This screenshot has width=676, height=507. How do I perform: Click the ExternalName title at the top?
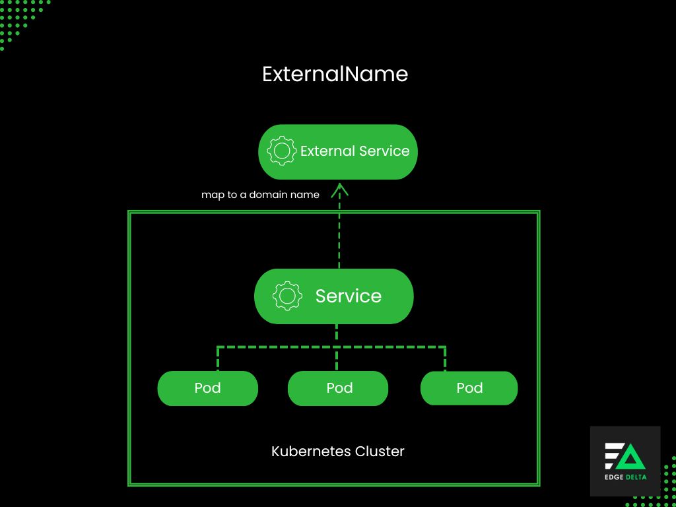pos(335,74)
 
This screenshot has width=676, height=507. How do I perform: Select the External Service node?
pos(337,152)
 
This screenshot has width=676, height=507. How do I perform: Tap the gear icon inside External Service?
pos(282,151)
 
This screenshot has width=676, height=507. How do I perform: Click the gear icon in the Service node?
pos(287,296)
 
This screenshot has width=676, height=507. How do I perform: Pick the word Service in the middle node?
pos(348,296)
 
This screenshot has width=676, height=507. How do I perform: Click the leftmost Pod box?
pos(207,388)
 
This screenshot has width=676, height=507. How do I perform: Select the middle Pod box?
pos(338,388)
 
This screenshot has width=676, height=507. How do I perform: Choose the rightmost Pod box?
pos(469,388)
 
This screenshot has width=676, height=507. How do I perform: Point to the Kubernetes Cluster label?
pos(337,452)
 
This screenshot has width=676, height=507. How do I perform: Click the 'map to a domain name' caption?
pos(260,195)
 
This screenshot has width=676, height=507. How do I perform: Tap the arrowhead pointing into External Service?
pos(339,189)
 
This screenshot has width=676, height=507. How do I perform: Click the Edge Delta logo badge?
pos(625,461)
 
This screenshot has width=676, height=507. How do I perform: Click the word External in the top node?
pos(327,151)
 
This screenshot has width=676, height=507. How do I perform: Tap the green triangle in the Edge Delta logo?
pos(632,456)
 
